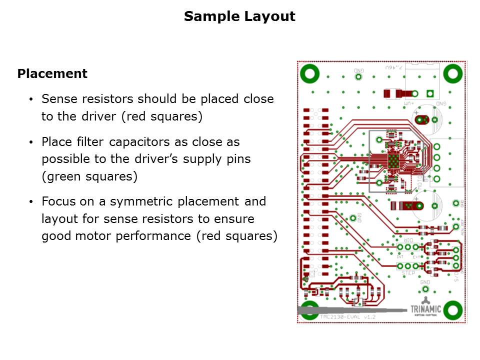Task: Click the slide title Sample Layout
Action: (239, 16)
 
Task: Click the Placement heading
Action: (52, 74)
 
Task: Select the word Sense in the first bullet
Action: (57, 98)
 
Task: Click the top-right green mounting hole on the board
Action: (453, 74)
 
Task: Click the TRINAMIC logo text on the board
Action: (426, 309)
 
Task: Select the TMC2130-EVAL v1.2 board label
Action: (347, 317)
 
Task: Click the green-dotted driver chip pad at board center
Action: (395, 161)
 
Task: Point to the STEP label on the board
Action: (408, 273)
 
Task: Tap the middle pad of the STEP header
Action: (408, 266)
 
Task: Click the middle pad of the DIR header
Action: (408, 247)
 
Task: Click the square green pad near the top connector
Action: (429, 93)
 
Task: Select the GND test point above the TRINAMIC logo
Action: (425, 289)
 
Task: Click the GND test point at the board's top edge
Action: (358, 76)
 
